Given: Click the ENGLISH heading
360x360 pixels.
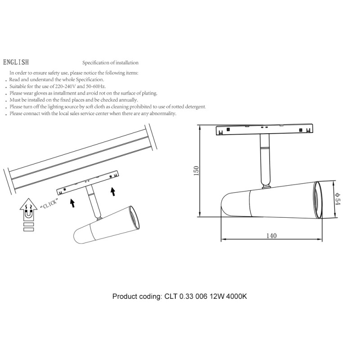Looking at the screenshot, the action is coord(16,62).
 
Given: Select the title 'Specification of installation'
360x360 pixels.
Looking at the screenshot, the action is coord(110,63).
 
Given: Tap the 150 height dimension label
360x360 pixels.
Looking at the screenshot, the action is coord(196,171).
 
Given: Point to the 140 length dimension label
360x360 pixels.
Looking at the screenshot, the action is coord(271,235).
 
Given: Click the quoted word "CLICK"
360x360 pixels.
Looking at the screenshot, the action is coord(49,204).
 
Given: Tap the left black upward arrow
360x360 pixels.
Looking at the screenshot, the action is coord(72,203).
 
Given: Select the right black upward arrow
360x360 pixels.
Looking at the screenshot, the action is coord(113,192).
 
